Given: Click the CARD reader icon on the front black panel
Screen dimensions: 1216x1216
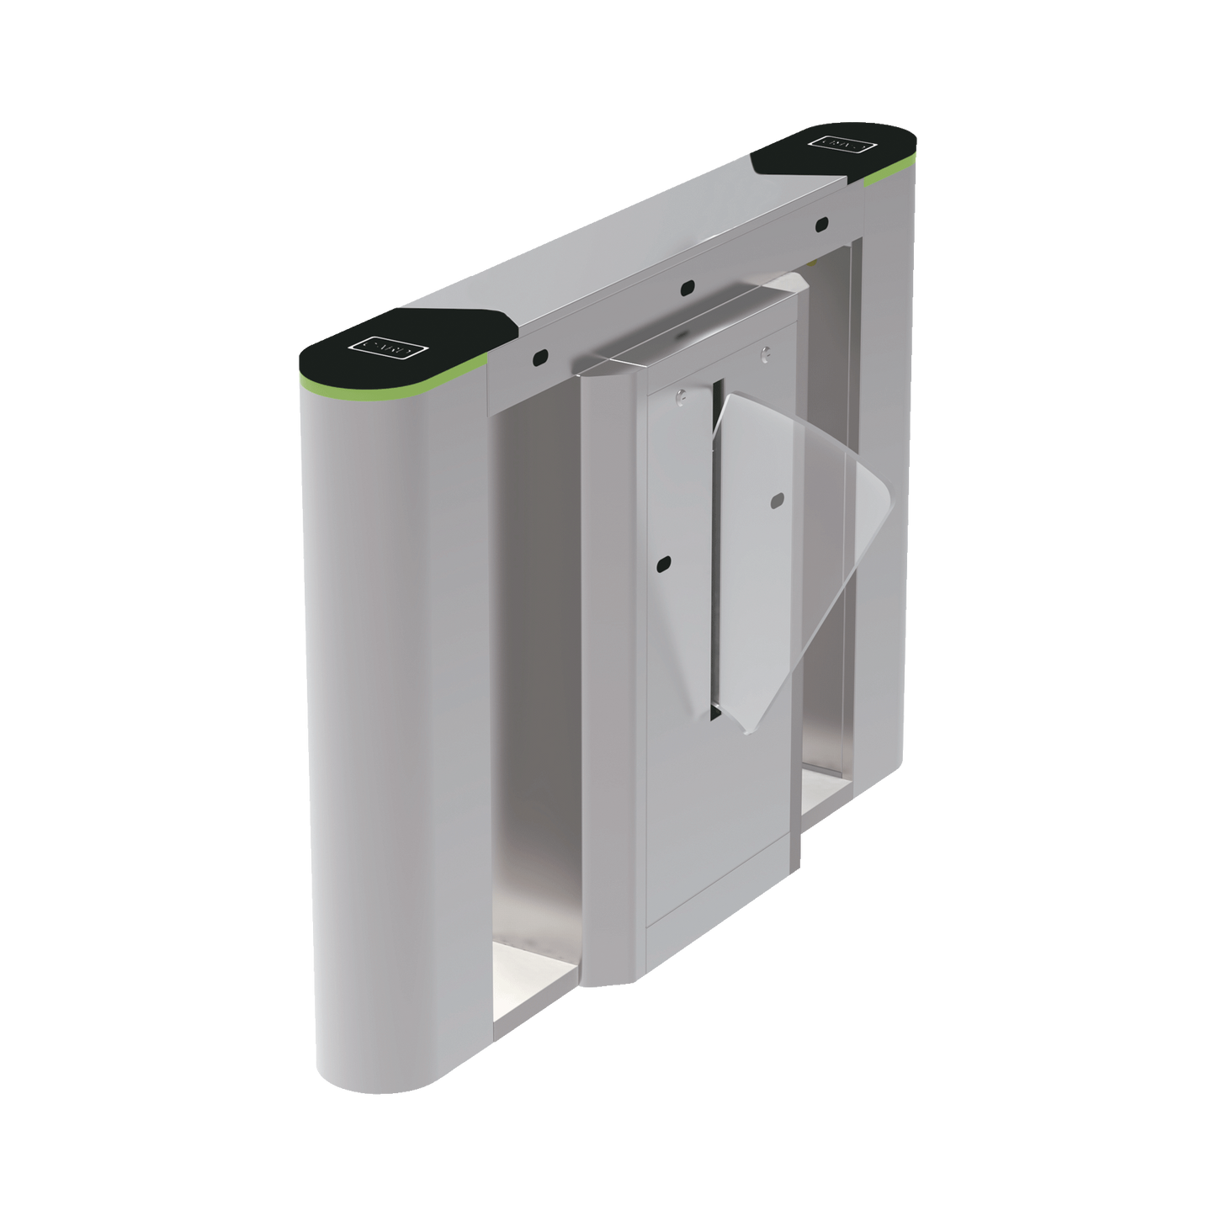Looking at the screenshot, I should (390, 345).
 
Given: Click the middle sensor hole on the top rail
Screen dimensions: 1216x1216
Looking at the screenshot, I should (688, 288).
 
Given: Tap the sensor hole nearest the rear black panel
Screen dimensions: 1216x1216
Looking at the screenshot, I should (821, 224).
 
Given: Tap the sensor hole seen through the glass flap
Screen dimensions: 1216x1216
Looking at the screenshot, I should (775, 502).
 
